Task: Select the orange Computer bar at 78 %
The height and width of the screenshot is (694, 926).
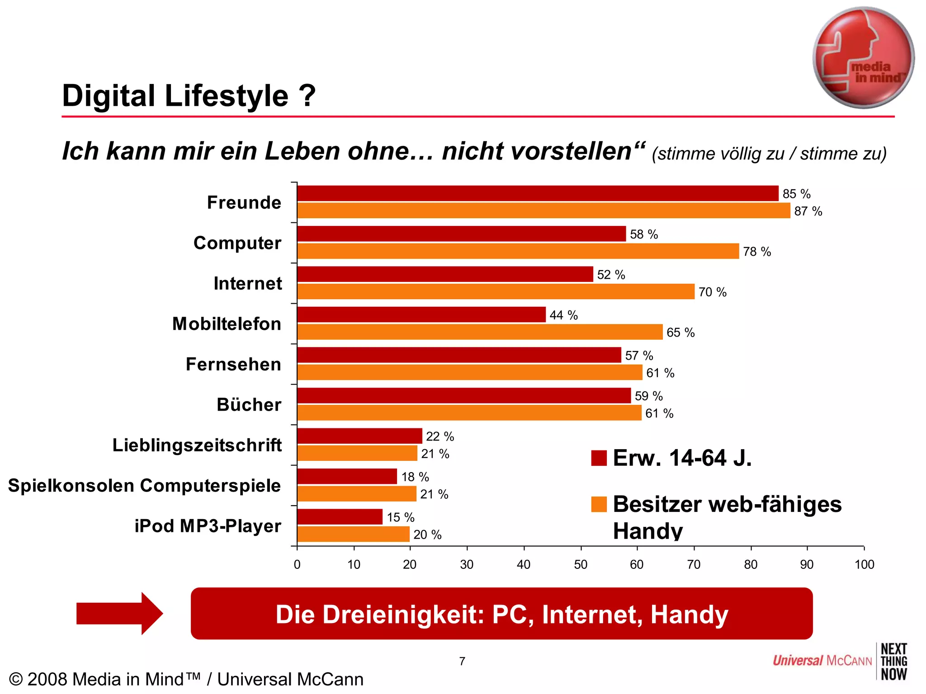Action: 518,251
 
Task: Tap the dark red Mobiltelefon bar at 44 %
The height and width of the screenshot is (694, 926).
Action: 421,314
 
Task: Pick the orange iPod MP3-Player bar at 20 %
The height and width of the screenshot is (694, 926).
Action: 353,534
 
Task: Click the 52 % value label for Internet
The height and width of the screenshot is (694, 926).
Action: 611,275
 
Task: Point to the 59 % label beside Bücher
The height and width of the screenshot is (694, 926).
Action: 648,396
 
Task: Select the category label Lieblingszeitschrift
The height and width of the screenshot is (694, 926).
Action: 197,445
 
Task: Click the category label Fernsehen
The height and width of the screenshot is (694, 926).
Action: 233,364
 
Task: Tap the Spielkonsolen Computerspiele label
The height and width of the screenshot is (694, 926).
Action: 144,486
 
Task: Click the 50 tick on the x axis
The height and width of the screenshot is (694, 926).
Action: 581,564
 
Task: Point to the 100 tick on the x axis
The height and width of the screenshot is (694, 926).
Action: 864,564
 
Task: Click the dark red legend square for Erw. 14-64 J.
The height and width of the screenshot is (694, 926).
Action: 599,458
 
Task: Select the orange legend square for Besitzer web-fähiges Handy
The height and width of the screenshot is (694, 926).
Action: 599,504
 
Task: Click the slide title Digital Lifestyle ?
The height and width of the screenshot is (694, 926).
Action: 189,96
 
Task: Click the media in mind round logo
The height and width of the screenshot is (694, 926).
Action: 863,58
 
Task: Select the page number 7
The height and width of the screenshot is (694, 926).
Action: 462,661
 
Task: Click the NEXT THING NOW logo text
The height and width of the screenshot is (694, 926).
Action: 893,662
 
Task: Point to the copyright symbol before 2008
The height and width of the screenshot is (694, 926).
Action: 16,680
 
